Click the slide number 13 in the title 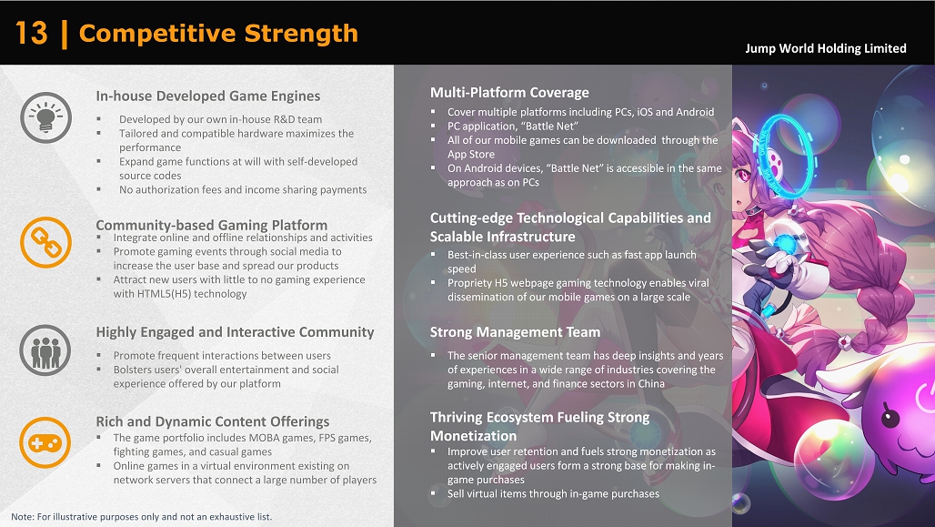[31, 34]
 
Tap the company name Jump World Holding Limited [825, 48]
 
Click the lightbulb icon [45, 117]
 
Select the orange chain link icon [45, 242]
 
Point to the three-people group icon [45, 350]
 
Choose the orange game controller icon [45, 443]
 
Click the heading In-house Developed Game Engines [208, 96]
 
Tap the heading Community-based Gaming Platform [212, 225]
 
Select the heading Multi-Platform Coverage [509, 93]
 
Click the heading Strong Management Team [515, 332]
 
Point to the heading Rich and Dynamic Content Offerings [213, 421]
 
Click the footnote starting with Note [141, 517]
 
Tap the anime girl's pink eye [744, 176]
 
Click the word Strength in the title [301, 34]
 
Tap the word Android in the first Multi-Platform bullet [695, 112]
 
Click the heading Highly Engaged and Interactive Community [235, 332]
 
